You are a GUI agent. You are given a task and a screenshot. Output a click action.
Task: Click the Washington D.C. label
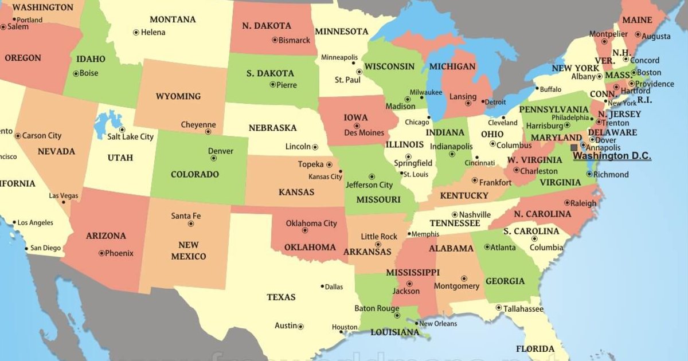612,155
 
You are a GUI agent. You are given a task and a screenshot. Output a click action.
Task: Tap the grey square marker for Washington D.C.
574,147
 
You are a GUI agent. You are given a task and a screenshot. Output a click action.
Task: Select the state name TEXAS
281,297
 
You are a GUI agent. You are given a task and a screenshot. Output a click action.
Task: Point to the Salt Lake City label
131,137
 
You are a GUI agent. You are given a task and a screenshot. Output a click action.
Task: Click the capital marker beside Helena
136,33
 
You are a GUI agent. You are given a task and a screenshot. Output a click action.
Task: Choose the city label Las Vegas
63,196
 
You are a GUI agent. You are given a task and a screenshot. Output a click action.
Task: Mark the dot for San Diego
26,249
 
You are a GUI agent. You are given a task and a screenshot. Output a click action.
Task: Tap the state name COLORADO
195,174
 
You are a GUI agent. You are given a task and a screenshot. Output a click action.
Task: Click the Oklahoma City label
311,223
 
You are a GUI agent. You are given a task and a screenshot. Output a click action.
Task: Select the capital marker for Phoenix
101,253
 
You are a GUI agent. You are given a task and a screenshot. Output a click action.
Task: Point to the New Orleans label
438,324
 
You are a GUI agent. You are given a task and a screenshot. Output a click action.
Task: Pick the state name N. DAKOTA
267,26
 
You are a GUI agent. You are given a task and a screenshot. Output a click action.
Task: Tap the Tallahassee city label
523,309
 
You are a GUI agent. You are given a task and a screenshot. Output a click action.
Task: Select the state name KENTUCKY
464,196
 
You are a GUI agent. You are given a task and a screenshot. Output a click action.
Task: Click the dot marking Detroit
482,103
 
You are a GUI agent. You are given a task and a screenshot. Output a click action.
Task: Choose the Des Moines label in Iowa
364,133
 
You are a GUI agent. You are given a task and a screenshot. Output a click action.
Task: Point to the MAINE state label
637,20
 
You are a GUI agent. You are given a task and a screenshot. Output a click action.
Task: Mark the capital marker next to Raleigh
566,203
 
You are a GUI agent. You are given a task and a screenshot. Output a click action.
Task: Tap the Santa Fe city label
186,216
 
